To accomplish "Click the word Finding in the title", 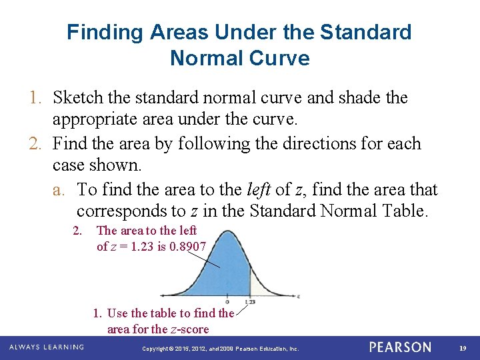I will click(101, 32).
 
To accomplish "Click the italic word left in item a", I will click(257, 190).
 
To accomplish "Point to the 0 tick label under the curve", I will click(228, 301).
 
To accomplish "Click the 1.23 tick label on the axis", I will click(250, 302).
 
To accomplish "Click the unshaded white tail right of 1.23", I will click(259, 288).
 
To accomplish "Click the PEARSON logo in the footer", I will click(400, 347).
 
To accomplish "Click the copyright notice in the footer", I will click(221, 349).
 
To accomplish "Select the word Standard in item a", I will click(283, 211).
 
